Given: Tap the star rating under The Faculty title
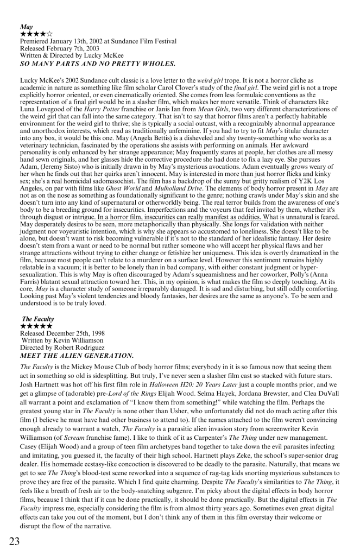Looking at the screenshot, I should coord(37,326).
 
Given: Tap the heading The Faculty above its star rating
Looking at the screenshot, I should coord(37,319).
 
